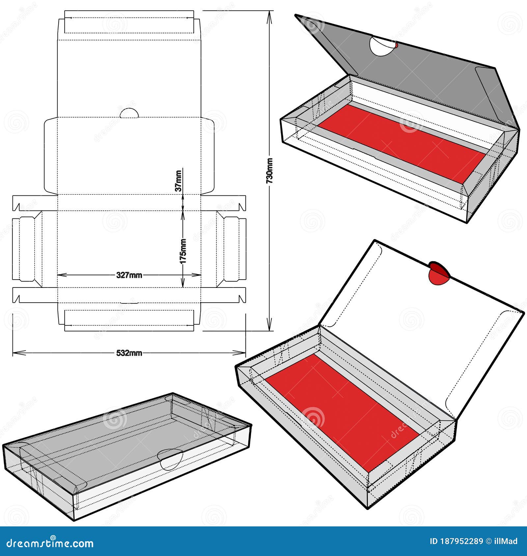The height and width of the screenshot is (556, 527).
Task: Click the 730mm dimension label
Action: (x=270, y=171)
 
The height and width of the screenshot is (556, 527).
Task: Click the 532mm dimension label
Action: (x=129, y=353)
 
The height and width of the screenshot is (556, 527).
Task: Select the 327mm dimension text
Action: (x=129, y=275)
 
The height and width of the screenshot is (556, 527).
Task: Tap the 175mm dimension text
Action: (x=183, y=251)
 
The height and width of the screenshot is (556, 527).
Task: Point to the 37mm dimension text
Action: (x=178, y=181)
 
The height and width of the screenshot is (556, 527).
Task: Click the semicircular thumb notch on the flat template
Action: (x=129, y=114)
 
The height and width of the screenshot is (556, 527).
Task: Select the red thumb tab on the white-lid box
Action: (x=439, y=273)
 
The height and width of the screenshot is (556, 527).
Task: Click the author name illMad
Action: (x=507, y=541)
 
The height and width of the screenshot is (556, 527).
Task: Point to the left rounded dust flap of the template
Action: (x=51, y=156)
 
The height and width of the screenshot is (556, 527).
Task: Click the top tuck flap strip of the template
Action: (x=129, y=22)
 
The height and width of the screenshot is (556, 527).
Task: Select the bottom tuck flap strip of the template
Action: (x=129, y=320)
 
